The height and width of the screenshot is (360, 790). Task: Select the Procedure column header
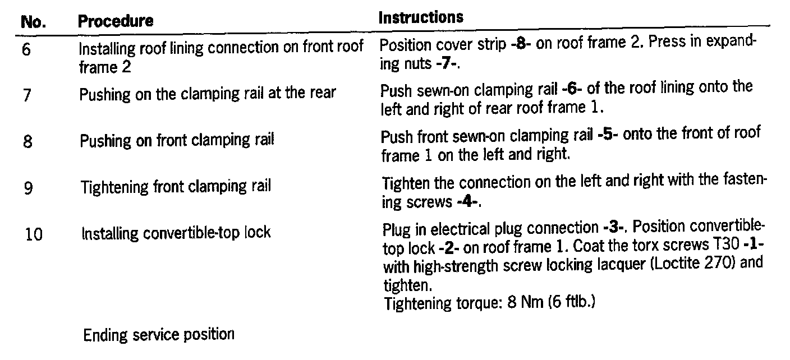tap(116, 21)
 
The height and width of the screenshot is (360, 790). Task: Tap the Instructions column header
tap(421, 17)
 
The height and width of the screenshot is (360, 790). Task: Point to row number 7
tap(27, 95)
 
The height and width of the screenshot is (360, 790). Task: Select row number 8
tap(27, 141)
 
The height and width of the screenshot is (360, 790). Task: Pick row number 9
tap(27, 187)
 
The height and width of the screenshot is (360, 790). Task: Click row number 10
tap(34, 233)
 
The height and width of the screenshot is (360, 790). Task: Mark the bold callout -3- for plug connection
tap(616, 228)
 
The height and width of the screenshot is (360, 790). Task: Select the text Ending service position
tap(158, 335)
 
